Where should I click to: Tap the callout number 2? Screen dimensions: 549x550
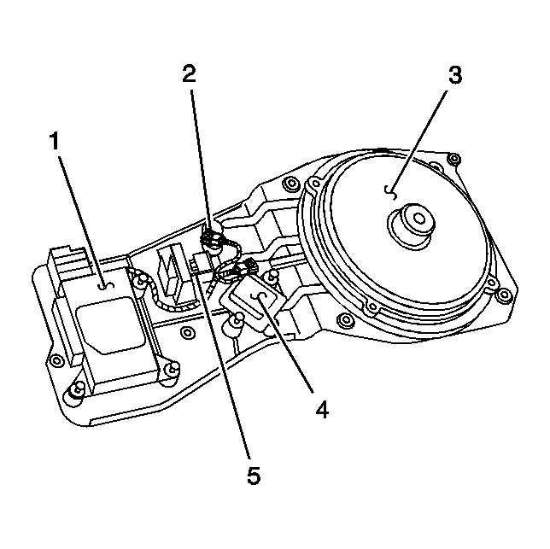tap(190, 73)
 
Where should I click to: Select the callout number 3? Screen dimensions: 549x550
tap(454, 75)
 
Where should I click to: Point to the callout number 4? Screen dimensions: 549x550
tap(321, 411)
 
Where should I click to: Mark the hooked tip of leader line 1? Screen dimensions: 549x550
tap(103, 287)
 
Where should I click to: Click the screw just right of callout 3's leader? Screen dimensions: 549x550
tap(453, 158)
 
